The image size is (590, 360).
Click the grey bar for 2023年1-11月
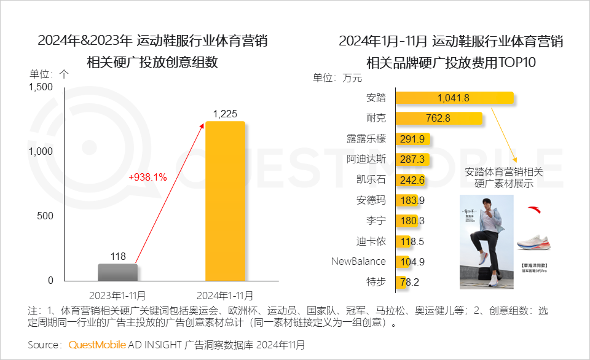(x=117, y=272)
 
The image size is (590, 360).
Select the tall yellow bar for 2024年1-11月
(x=225, y=201)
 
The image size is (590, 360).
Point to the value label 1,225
(x=225, y=114)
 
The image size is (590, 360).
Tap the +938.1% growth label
(x=147, y=177)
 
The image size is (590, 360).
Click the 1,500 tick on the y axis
(x=41, y=87)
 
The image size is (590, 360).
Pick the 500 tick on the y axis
(x=45, y=216)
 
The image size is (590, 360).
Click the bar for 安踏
(x=454, y=98)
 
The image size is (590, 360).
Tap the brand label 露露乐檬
(x=367, y=139)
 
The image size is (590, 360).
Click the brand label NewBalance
(x=358, y=262)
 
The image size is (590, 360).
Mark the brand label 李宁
(x=376, y=221)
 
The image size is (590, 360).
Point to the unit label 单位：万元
(x=337, y=78)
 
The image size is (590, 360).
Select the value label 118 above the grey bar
(x=117, y=256)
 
